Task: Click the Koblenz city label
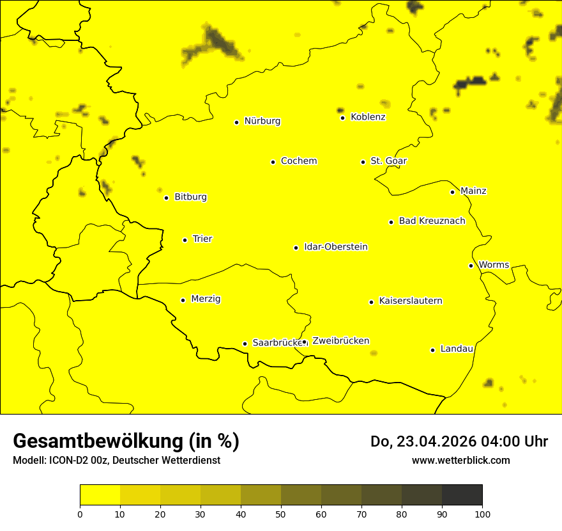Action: tap(368, 117)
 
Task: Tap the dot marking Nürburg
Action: tap(236, 122)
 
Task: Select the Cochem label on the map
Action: tap(299, 161)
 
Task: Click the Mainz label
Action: tap(473, 191)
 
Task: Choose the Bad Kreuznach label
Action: tap(432, 221)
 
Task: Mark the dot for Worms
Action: tap(471, 265)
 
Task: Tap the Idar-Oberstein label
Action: tap(336, 247)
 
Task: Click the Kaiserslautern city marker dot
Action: tap(371, 302)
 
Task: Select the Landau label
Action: tap(457, 349)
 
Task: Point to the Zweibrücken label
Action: tap(340, 341)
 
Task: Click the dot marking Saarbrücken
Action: tap(245, 344)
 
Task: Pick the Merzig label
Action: tap(206, 299)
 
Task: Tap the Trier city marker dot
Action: tap(185, 240)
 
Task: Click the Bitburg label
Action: tap(190, 197)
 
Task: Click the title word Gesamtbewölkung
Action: tap(98, 441)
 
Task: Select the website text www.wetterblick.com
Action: tap(460, 460)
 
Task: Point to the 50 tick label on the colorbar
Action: tap(281, 514)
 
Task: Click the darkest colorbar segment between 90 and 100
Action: tap(462, 495)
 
